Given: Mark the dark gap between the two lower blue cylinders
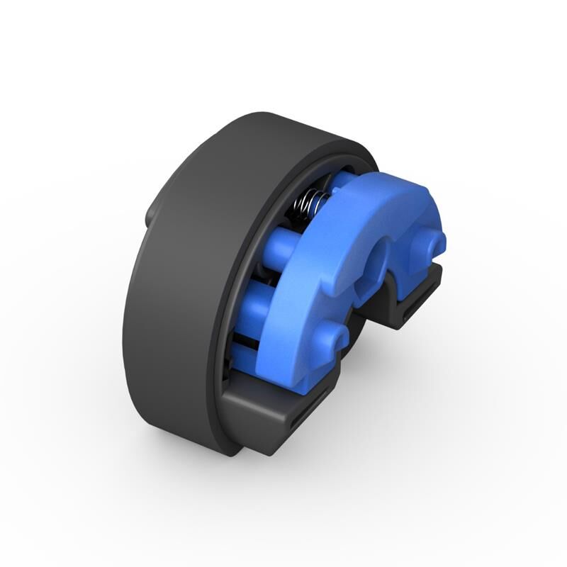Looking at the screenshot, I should (x=245, y=326).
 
